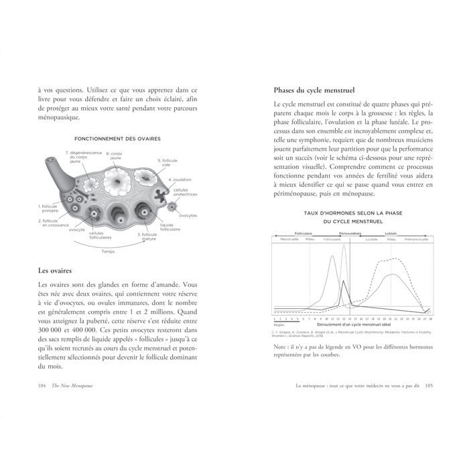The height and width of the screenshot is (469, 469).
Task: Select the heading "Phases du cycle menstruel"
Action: tap(314, 90)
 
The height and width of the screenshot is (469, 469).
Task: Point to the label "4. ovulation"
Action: tap(180, 180)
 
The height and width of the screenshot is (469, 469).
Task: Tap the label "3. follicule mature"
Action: tap(148, 237)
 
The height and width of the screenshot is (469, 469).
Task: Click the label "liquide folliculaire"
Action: tap(170, 227)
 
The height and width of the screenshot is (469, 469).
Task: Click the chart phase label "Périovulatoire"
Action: tap(350, 233)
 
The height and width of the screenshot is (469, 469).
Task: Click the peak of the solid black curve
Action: tap(343, 281)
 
